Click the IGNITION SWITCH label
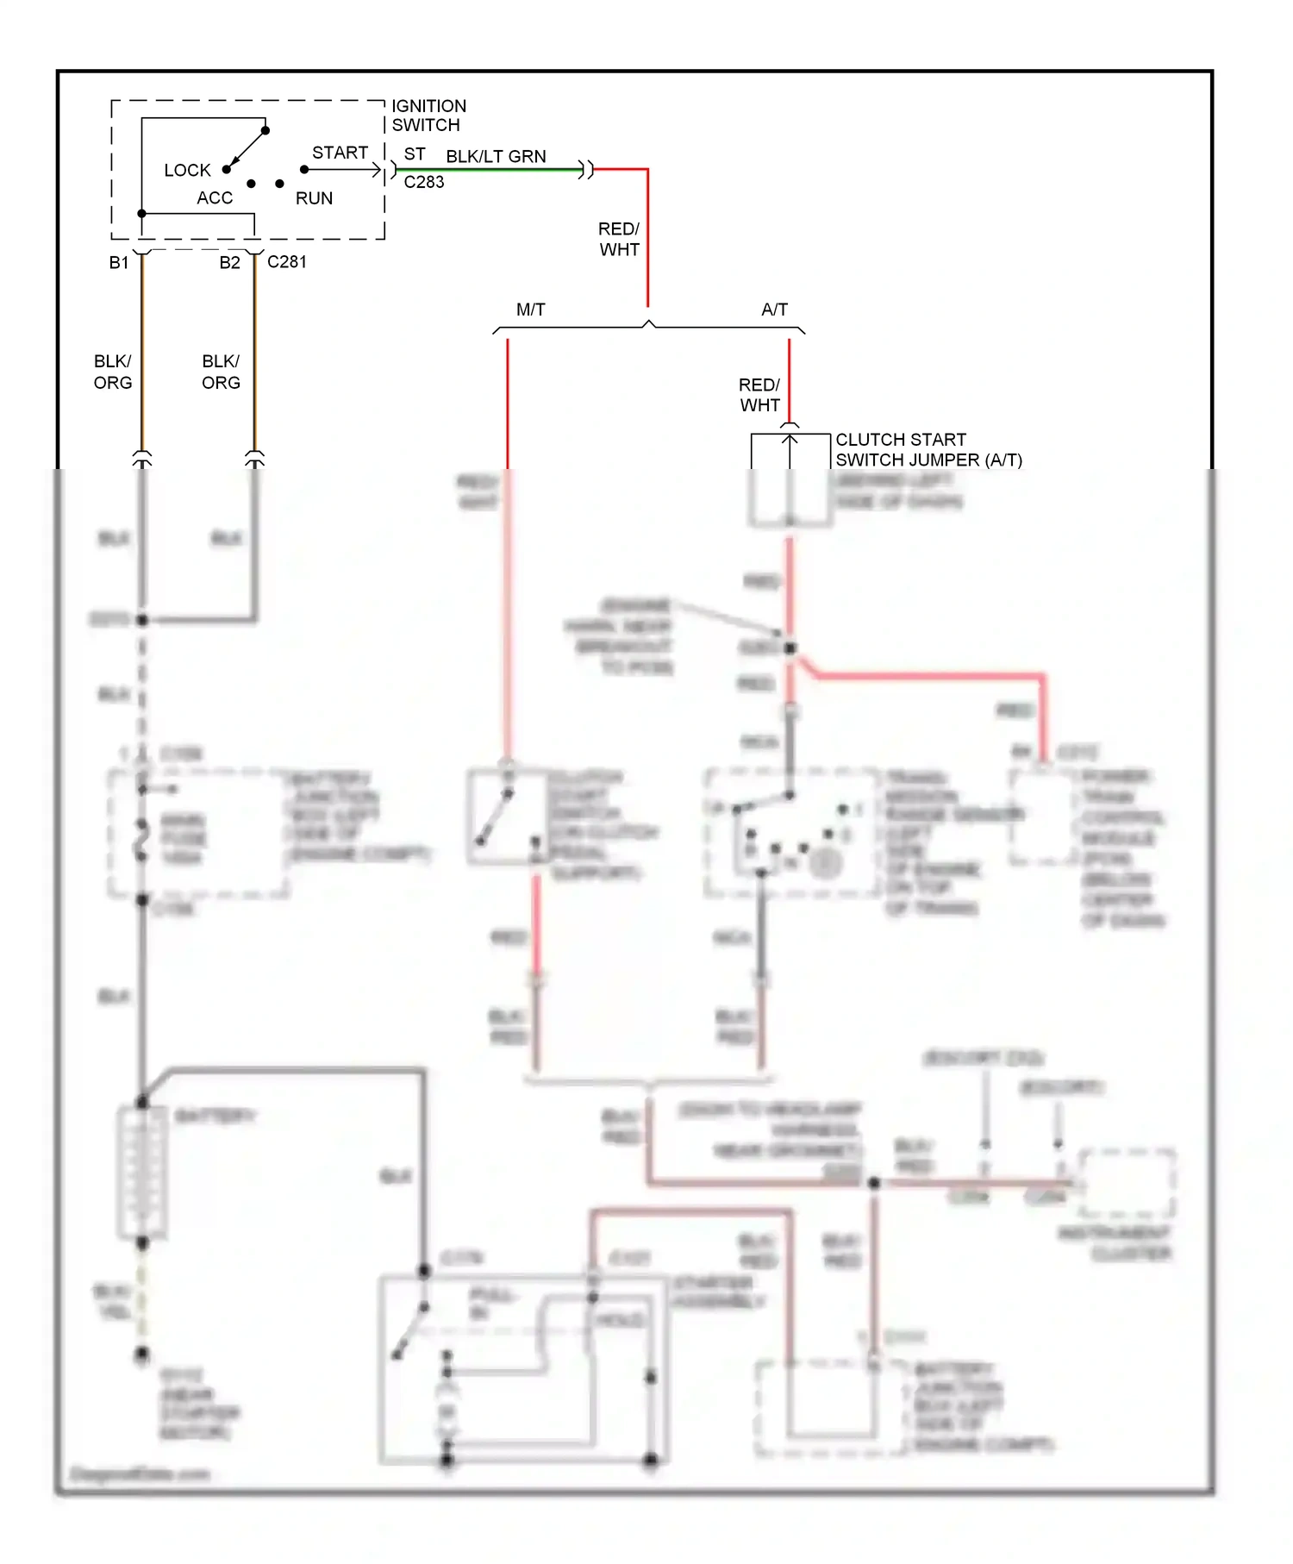[428, 116]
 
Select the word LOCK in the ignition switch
[187, 171]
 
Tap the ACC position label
[215, 198]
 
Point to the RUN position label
[314, 198]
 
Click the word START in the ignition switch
[340, 153]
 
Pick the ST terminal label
[415, 154]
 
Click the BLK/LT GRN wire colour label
[496, 156]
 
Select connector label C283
[424, 182]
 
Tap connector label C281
[287, 262]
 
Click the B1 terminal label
[119, 263]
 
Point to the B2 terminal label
[229, 263]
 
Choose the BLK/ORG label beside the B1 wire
[113, 372]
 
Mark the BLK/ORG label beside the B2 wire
[221, 372]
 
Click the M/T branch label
[530, 310]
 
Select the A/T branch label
[774, 310]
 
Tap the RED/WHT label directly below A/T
[759, 395]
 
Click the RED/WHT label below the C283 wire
[619, 239]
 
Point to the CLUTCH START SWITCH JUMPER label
[928, 450]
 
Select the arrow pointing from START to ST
[345, 170]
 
